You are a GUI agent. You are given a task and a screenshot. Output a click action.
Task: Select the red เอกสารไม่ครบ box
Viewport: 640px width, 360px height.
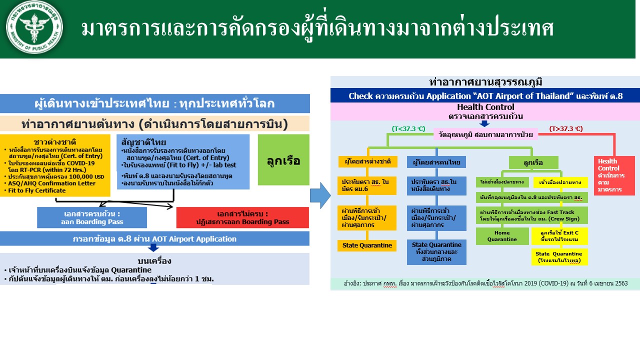coord(242,217)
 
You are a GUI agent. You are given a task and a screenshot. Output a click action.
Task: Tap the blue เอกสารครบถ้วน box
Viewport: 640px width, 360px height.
coord(92,217)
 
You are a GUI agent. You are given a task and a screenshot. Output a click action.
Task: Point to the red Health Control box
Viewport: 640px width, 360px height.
coord(614,175)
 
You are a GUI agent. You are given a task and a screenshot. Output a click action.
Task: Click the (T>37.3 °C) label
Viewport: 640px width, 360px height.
coord(565,129)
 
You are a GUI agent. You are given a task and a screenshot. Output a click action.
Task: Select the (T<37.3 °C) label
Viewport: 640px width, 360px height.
coord(408,129)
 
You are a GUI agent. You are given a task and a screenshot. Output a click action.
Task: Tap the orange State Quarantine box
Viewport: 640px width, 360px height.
coord(367,245)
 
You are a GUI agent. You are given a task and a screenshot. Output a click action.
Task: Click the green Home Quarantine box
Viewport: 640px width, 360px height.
coord(502,236)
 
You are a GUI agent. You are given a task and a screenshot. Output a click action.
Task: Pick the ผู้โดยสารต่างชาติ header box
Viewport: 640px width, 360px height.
coord(367,162)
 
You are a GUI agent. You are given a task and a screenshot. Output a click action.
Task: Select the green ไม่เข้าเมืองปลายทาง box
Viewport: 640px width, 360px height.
coord(501,182)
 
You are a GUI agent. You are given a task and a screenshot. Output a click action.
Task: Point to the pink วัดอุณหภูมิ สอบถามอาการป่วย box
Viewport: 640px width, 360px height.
coord(485,134)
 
